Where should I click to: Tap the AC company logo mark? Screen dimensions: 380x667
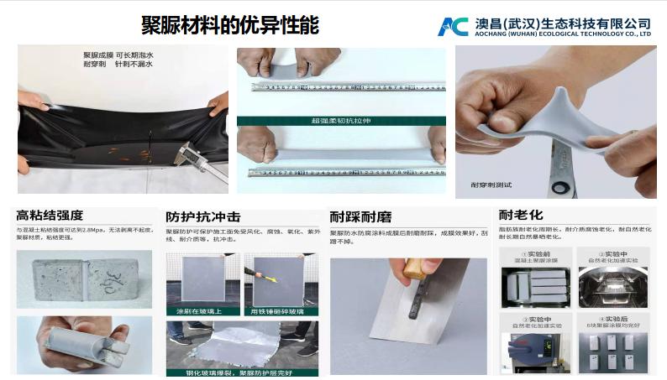click(x=452, y=25)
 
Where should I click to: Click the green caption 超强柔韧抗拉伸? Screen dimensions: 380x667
click(x=340, y=121)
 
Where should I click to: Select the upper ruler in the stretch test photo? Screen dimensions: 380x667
click(x=340, y=86)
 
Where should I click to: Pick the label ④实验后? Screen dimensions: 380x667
click(x=612, y=318)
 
